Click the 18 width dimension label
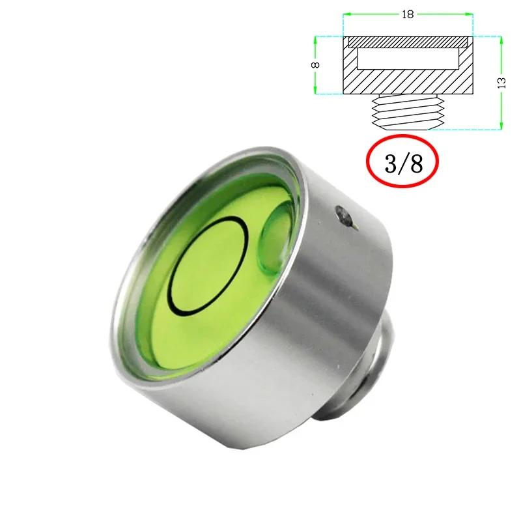pos(408,14)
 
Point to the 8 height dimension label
pos(317,65)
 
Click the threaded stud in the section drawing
pos(408,112)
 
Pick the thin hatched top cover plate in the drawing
pos(408,41)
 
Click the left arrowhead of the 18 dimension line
pos(346,14)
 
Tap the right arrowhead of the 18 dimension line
pos(469,14)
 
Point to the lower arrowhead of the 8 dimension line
pos(317,91)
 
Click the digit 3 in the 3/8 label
pos(390,163)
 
